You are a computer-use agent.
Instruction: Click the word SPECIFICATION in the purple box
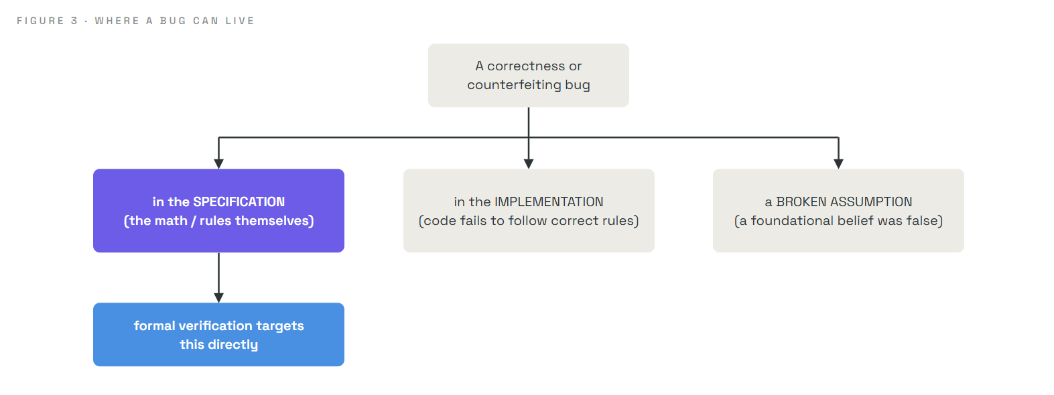click(239, 202)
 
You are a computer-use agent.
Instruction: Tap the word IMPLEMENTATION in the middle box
click(549, 202)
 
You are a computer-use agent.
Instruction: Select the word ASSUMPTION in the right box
click(871, 202)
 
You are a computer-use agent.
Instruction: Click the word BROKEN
click(801, 202)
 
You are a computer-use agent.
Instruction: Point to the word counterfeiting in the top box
click(515, 84)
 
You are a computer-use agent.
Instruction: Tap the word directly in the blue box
click(233, 345)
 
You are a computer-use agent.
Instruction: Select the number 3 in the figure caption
click(74, 21)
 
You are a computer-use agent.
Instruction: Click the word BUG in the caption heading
click(173, 21)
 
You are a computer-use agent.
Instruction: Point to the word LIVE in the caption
click(239, 21)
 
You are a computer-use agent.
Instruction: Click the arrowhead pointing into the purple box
click(219, 163)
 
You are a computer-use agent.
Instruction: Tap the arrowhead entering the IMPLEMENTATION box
click(529, 163)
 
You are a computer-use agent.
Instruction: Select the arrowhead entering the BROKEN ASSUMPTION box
click(838, 163)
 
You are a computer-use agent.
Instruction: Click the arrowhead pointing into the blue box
click(219, 298)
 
